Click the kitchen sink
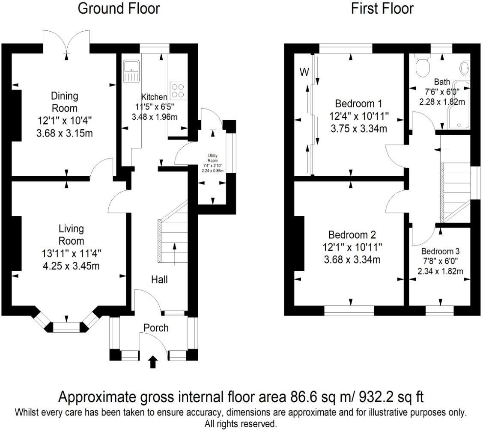point(131,71)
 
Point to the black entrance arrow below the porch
point(153,363)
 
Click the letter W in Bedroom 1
point(304,72)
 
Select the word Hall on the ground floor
point(159,280)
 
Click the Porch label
point(156,328)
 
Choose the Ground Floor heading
point(119,9)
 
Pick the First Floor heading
point(382,9)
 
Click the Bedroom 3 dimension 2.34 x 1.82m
point(441,271)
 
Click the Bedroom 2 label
point(352,235)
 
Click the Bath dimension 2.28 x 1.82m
point(442,102)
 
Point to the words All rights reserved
point(241,424)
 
